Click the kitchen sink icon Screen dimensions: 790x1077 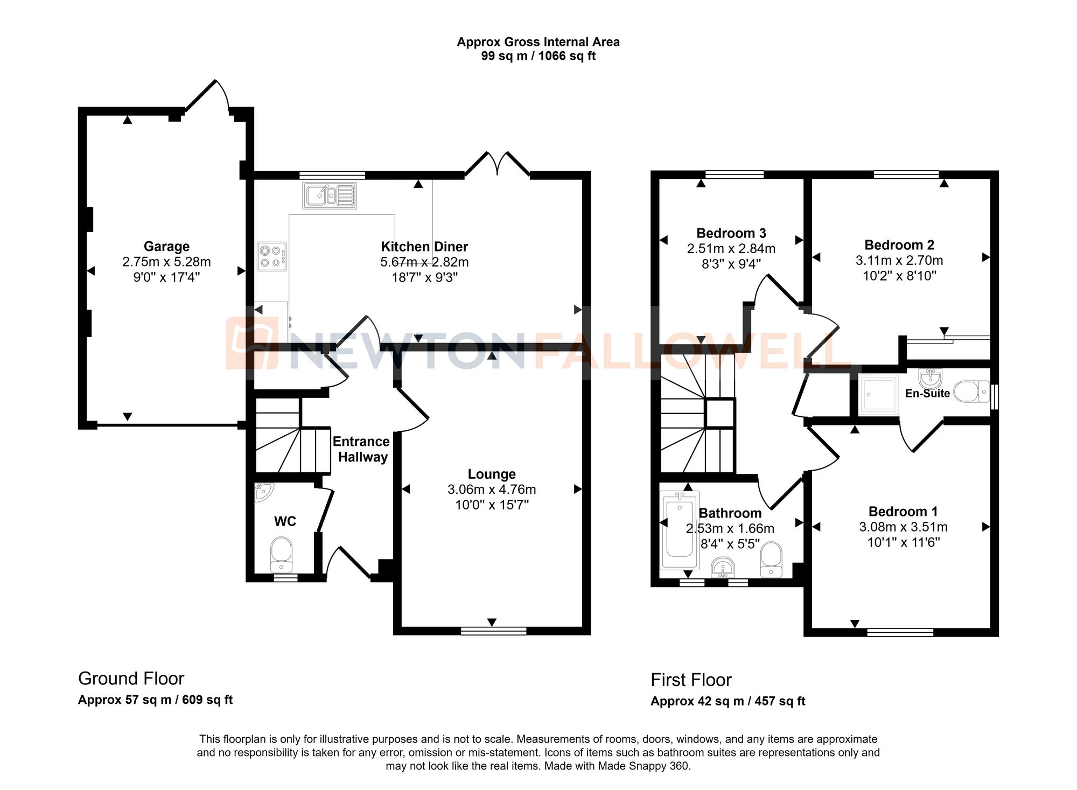coord(330,195)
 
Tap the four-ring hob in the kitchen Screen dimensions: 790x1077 coord(271,256)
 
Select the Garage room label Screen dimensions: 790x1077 coord(166,246)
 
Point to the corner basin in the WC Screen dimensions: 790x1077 coord(263,491)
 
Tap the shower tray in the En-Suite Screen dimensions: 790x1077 coord(879,395)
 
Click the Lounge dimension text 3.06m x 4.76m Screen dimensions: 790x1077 coord(492,490)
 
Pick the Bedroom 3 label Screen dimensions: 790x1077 coord(731,233)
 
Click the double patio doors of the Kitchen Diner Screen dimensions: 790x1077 coord(498,164)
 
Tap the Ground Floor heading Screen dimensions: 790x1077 coord(131,679)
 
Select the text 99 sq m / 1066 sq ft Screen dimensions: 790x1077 coord(538,56)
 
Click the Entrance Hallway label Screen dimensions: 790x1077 coord(361,449)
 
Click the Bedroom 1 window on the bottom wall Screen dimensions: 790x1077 coord(900,632)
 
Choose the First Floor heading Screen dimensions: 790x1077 coord(691,680)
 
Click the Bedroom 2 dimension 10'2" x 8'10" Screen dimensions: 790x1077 coord(899,276)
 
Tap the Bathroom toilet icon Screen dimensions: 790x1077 coord(771,560)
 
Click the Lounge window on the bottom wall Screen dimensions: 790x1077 coord(493,631)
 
